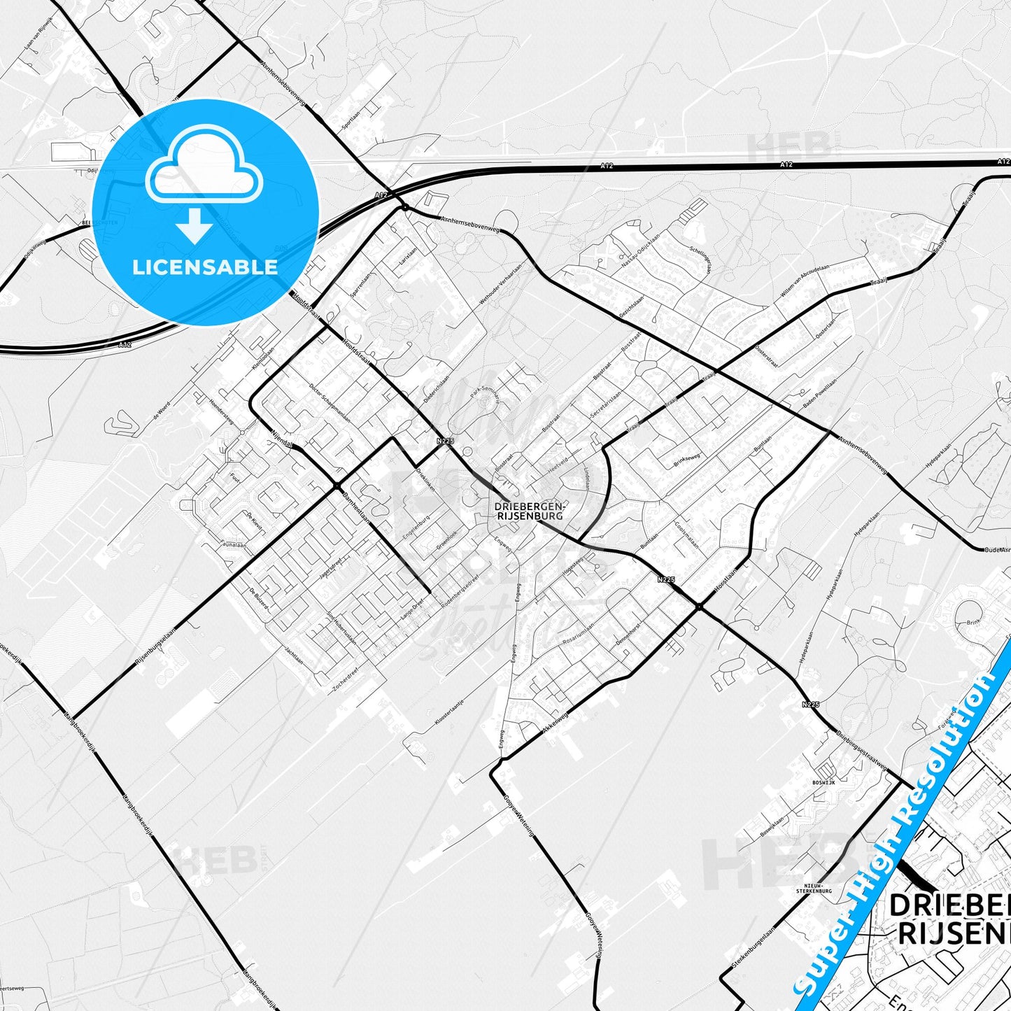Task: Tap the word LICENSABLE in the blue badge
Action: tap(205, 267)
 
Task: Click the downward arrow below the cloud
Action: tap(195, 225)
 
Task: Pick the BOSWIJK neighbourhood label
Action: tap(823, 782)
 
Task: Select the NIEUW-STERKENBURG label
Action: tap(814, 888)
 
